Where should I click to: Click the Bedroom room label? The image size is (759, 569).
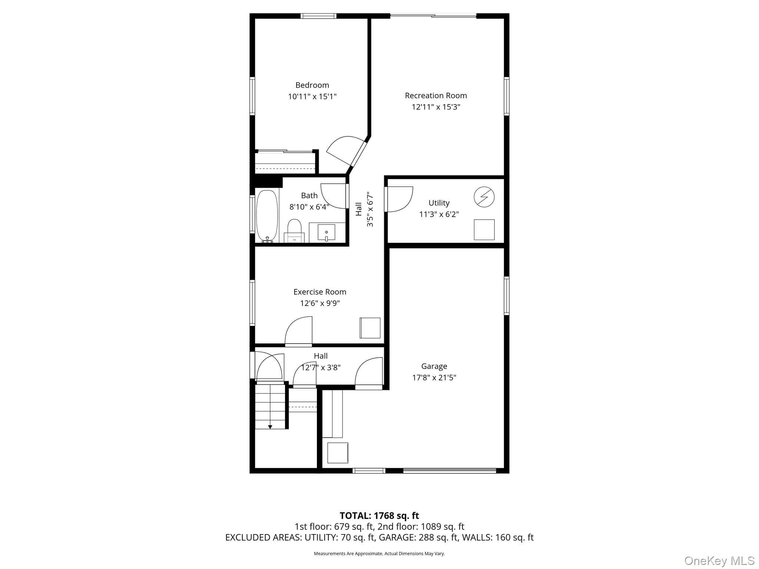pos(312,85)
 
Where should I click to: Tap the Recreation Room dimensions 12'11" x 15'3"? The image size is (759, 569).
pos(436,107)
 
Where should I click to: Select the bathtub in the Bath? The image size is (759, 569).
pos(267,216)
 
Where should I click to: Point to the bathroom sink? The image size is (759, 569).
pos(327,232)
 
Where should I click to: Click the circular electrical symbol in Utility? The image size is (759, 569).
pos(484,197)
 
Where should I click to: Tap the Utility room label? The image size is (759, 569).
pos(439,203)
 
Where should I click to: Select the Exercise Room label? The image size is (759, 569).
pos(320,292)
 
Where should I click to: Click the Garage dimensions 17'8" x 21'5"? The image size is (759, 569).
pos(434,377)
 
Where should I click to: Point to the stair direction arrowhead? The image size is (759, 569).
pos(270,427)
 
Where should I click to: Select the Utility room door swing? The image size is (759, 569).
pos(399,199)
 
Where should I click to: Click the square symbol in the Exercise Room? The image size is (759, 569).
pos(370,328)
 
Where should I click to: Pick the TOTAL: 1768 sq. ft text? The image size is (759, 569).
pos(379,516)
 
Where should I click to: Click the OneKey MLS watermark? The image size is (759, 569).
pos(719,560)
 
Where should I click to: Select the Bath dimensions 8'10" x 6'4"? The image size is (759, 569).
pos(309,207)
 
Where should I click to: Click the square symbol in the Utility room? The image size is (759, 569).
pos(484,230)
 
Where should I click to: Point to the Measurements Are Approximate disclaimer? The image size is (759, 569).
pos(379,553)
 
